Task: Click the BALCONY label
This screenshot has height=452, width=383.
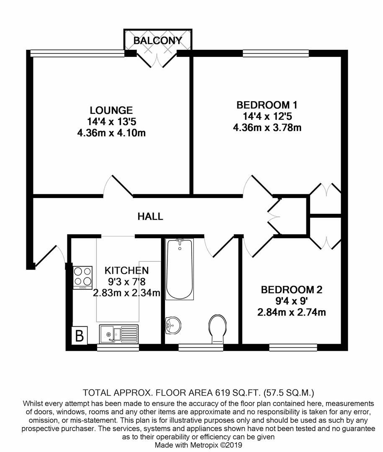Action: pos(157,41)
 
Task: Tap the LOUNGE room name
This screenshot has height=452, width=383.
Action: pos(111,110)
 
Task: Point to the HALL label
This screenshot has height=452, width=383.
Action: pos(150,216)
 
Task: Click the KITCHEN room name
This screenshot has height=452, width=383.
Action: pos(126,270)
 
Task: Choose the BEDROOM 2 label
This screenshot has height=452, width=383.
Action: pos(292,290)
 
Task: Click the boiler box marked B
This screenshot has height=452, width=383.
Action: pos(78,336)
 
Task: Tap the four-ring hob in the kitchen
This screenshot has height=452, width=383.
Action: pos(82,277)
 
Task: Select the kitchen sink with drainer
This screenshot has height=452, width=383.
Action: pos(118,334)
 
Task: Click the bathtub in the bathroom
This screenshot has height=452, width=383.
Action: pos(180,269)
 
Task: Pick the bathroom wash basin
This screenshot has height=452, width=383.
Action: pos(172,325)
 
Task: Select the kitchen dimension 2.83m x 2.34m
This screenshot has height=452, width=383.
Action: pos(126,293)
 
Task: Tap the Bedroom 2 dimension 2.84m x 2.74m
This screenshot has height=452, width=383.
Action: pos(292,312)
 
